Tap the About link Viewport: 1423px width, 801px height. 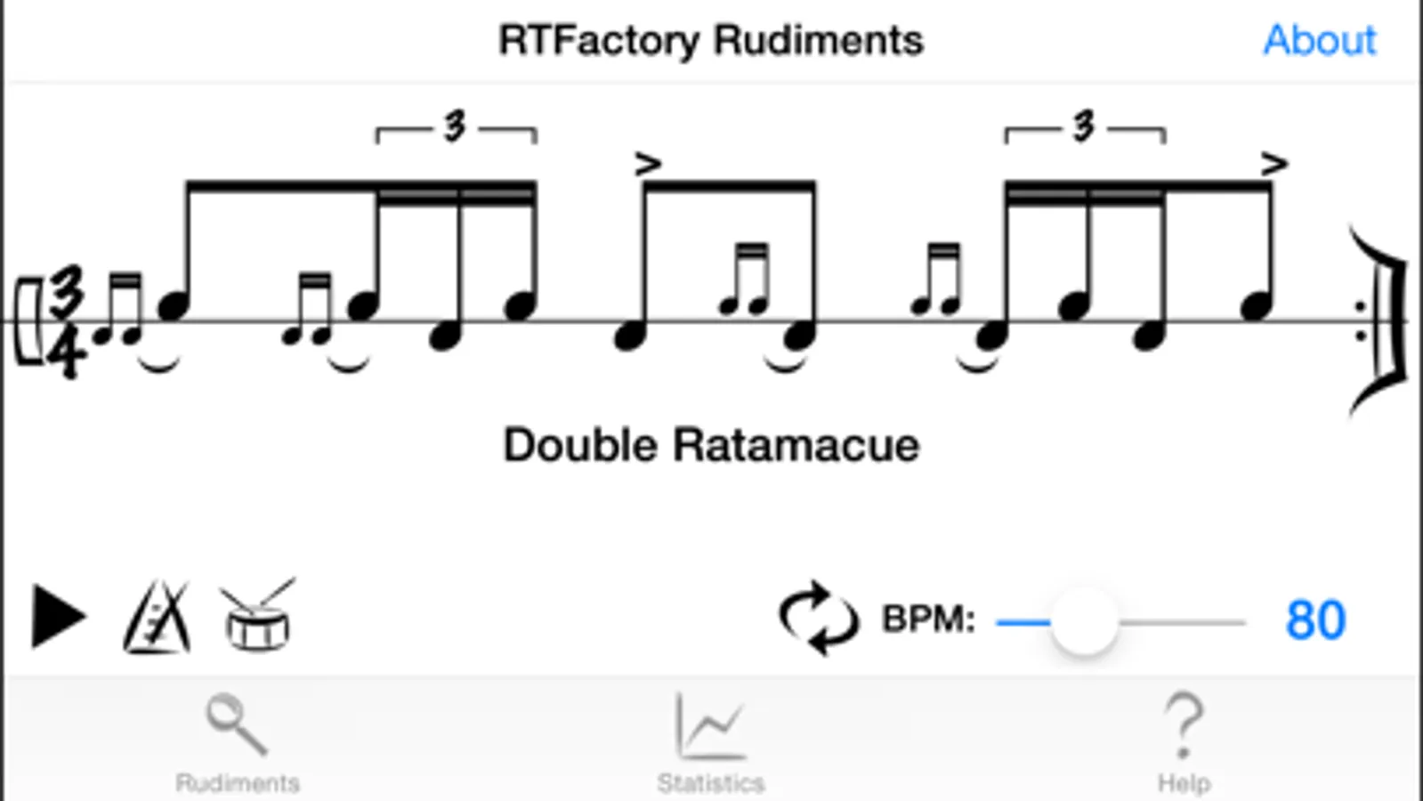(1319, 40)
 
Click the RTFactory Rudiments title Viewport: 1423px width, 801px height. (710, 40)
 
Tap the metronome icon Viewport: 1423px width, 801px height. (157, 617)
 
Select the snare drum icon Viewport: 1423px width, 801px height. (258, 617)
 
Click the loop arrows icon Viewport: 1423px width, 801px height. (818, 619)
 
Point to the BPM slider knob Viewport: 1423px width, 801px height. (1083, 622)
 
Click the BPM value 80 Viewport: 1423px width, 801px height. (1314, 620)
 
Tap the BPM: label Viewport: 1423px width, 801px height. (927, 619)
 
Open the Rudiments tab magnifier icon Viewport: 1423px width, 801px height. (236, 724)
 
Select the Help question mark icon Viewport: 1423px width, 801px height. (1184, 725)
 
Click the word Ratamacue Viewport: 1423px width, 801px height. (795, 445)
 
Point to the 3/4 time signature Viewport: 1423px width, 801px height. (67, 322)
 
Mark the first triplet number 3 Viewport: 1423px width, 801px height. (455, 126)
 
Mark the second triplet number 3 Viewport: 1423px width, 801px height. (1083, 126)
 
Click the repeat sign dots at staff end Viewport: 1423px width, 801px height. (1360, 321)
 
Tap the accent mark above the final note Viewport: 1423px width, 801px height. (1273, 164)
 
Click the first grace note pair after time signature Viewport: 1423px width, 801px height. (119, 311)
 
